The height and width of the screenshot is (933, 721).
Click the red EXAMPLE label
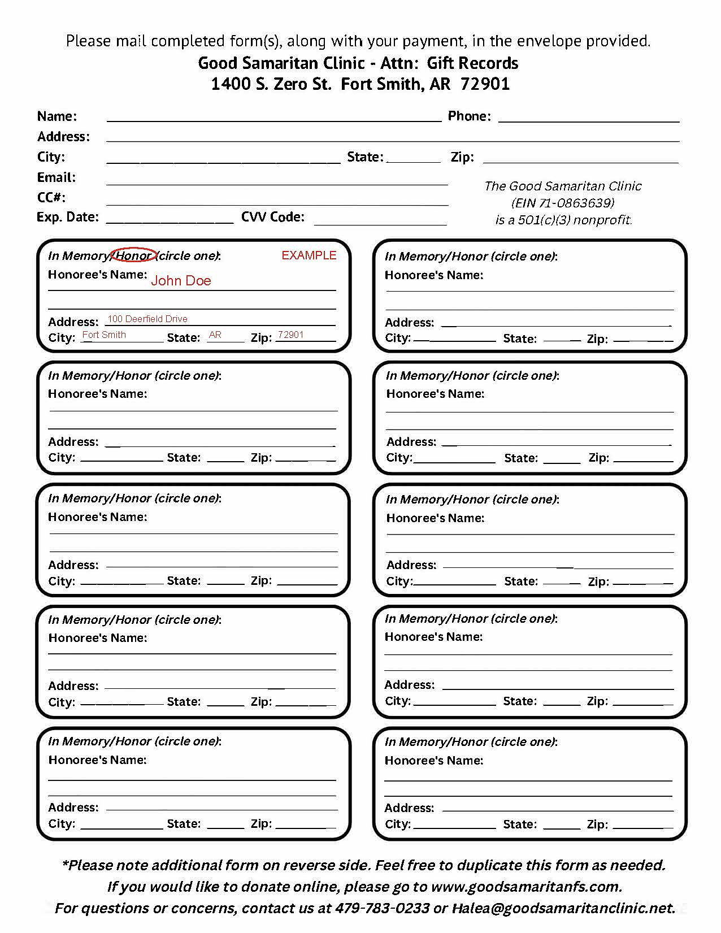pos(309,255)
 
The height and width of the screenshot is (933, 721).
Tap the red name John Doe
pos(181,281)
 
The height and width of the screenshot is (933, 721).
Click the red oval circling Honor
pos(133,255)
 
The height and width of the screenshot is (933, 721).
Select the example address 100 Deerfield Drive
pos(147,319)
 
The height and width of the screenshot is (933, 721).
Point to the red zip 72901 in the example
pos(291,335)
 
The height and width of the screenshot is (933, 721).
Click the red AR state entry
pos(215,335)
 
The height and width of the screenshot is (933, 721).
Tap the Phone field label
pos(469,116)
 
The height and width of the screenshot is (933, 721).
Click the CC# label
pos(51,197)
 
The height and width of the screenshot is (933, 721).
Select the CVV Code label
pos(273,217)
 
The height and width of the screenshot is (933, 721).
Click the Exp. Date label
pos(68,217)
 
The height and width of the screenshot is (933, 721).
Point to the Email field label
pos(57,177)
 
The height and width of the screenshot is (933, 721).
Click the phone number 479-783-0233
pos(382,908)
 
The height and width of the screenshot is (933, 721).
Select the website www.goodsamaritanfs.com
pos(525,887)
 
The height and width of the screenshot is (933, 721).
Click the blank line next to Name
pos(274,119)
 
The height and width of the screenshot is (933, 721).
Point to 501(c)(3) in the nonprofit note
pos(544,220)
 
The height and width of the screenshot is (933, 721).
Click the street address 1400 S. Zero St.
pos(271,84)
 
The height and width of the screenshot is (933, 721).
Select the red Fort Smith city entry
pos(105,335)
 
